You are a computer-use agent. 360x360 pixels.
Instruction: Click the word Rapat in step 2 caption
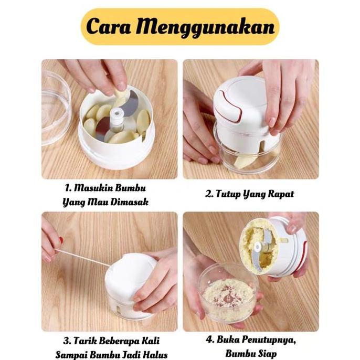pos(280,194)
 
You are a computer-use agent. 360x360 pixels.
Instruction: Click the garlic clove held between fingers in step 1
pos(121,98)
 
